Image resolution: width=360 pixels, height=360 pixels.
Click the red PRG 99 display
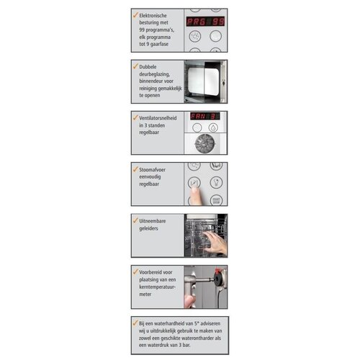(206, 22)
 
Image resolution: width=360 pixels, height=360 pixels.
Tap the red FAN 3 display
(205, 116)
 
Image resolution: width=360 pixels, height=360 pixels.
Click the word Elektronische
(153, 16)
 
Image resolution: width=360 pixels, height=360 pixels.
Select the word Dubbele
(148, 67)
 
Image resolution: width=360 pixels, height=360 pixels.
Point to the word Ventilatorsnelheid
(158, 118)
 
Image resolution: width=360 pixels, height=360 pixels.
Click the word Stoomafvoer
(152, 170)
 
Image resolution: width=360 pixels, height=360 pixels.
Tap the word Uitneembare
(153, 221)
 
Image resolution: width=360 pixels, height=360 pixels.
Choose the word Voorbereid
(156, 272)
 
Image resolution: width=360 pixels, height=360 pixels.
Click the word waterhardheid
(181, 323)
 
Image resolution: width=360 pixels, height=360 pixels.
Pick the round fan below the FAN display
(204, 143)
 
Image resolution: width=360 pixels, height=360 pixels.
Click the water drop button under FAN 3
(213, 127)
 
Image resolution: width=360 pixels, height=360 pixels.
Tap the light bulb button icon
(216, 183)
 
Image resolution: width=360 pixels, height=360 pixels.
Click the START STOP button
(216, 200)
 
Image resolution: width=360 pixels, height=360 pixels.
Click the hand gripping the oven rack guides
(215, 243)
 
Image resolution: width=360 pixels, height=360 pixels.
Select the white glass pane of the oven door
(204, 81)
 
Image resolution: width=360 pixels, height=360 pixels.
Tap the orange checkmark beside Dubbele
(135, 66)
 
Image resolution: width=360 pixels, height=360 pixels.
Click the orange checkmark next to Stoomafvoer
(135, 168)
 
